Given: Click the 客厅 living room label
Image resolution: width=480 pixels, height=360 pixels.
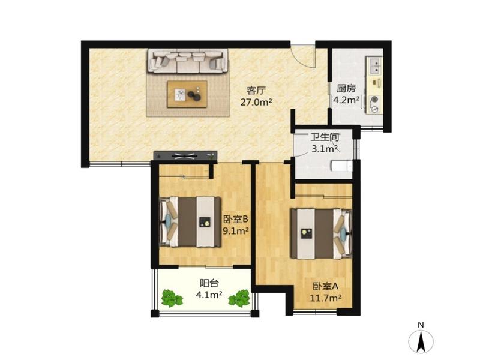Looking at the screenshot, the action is click(x=256, y=91).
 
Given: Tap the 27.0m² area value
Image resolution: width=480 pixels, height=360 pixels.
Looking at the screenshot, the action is click(x=256, y=102).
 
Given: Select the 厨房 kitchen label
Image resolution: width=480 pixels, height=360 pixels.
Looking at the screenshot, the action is click(x=346, y=89).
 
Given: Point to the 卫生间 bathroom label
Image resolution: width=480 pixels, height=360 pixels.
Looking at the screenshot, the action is click(x=325, y=137).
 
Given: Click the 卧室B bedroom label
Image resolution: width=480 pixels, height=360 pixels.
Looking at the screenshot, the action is click(x=235, y=220).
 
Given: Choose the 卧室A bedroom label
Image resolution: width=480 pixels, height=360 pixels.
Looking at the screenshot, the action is click(x=325, y=287).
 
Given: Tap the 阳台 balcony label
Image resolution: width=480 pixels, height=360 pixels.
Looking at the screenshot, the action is click(x=209, y=283).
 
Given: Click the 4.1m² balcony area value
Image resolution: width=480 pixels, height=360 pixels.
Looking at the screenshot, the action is click(x=209, y=295).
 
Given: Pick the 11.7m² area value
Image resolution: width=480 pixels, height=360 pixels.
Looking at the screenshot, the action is click(x=326, y=298).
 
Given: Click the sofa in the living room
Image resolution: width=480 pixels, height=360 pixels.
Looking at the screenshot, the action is click(x=188, y=61).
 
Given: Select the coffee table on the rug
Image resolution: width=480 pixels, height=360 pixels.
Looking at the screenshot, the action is click(x=187, y=94).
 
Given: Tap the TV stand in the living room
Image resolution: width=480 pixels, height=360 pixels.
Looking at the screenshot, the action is click(x=185, y=155).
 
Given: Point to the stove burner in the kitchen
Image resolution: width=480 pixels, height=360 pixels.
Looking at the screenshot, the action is click(x=374, y=99).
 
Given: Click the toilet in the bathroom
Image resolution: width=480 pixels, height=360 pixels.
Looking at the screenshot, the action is click(x=341, y=167).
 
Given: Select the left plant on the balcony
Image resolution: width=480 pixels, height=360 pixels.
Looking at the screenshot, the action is click(x=172, y=298).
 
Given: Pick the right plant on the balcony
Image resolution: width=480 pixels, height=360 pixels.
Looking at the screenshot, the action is click(x=239, y=298).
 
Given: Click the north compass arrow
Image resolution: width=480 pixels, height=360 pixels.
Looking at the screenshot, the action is click(x=421, y=341).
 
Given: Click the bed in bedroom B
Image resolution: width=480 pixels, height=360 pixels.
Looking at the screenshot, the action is click(x=190, y=222).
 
